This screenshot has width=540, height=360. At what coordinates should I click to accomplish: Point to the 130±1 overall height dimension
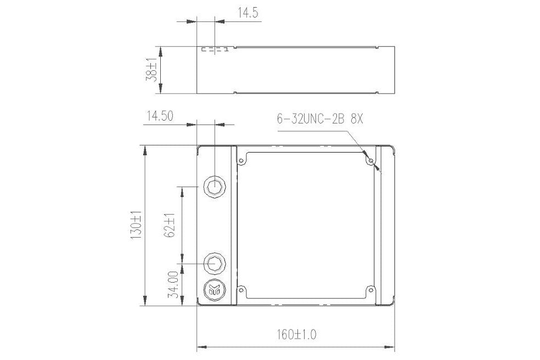(x=135, y=226)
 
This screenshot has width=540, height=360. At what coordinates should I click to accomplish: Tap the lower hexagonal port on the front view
(x=214, y=264)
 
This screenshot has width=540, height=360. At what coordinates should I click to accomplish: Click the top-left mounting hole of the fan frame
(x=240, y=160)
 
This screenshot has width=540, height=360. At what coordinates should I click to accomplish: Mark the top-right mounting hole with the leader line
(x=371, y=161)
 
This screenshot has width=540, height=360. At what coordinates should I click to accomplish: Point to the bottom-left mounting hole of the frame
(x=240, y=289)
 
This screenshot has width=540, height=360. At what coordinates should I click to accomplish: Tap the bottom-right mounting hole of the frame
(x=371, y=289)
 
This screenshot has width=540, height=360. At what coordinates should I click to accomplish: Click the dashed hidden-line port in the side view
(x=215, y=50)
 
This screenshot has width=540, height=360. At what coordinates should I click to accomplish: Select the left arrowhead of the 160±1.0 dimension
(x=200, y=347)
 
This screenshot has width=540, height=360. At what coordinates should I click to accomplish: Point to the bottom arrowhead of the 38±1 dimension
(x=160, y=90)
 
